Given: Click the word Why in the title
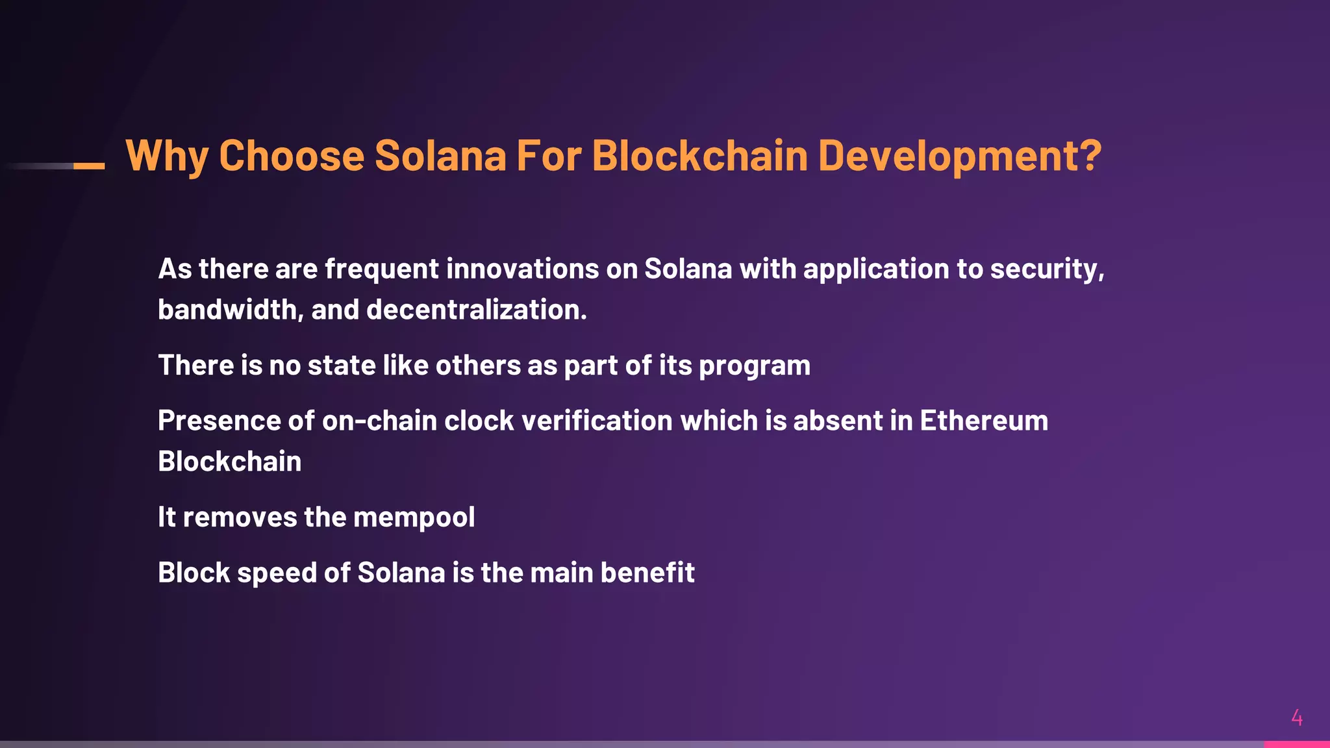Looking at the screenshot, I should [x=167, y=156].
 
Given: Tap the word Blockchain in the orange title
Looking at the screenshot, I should [x=699, y=156].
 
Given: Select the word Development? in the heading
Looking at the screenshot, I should [x=960, y=156].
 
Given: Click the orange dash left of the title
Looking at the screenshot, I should [x=89, y=166].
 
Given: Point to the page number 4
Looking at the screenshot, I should [x=1297, y=718].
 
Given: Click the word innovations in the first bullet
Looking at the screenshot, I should [x=522, y=269].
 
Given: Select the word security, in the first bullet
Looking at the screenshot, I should [x=1047, y=269].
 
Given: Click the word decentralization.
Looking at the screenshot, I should [x=477, y=310].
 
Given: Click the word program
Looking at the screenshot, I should [x=755, y=366].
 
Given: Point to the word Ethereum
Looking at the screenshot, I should [x=984, y=421].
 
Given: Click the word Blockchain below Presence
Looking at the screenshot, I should [x=229, y=462].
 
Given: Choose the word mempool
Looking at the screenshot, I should [x=414, y=517].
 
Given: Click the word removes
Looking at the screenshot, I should [x=240, y=517].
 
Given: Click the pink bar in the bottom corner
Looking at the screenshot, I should [x=1296, y=744].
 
